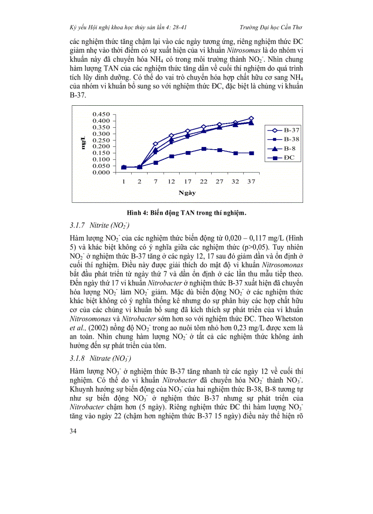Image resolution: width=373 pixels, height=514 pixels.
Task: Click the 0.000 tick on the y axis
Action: pyautogui.click(x=101, y=173)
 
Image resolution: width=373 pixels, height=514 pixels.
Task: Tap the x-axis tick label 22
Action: pyautogui.click(x=203, y=182)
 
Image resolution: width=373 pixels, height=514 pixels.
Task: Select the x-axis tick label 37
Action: pyautogui.click(x=251, y=182)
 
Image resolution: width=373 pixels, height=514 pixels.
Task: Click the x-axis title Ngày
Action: pyautogui.click(x=187, y=193)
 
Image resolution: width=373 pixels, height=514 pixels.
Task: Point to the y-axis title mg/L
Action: pyautogui.click(x=83, y=143)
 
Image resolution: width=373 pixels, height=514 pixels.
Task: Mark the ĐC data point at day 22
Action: pyautogui.click(x=204, y=149)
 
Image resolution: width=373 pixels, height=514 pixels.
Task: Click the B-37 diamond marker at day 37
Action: pyautogui.click(x=251, y=118)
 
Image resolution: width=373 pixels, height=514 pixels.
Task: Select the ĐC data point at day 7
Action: pyautogui.click(x=155, y=162)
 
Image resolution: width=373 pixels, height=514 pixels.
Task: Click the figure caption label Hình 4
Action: pyautogui.click(x=138, y=212)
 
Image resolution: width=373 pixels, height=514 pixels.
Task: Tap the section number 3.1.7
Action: pyautogui.click(x=78, y=226)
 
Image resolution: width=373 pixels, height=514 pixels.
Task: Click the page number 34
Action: pyautogui.click(x=73, y=431)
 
